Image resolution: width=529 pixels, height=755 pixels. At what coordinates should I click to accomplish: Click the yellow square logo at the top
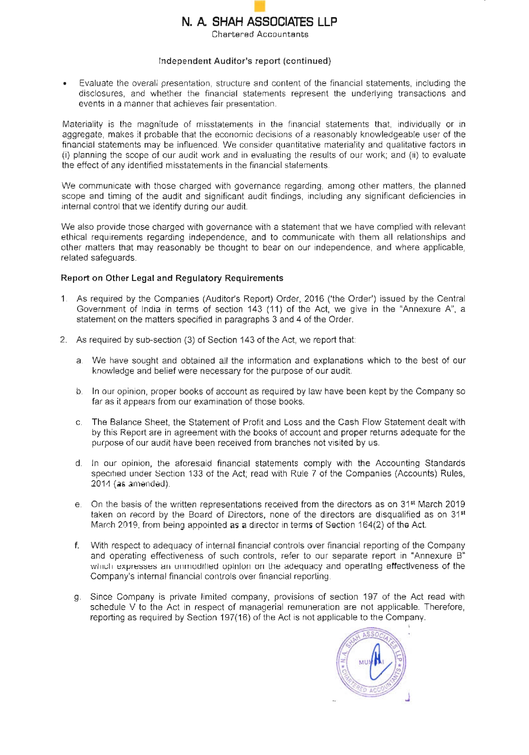(x=259, y=6)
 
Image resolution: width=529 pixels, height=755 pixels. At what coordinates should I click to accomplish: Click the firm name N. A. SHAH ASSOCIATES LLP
(x=259, y=21)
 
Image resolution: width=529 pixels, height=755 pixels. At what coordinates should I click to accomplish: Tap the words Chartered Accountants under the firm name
(x=260, y=34)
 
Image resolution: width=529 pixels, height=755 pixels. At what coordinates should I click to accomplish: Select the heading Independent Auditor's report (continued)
(x=245, y=61)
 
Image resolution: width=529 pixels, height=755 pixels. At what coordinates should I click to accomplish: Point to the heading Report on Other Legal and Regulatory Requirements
(x=172, y=278)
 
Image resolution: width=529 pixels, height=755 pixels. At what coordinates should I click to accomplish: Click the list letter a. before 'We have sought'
(x=79, y=361)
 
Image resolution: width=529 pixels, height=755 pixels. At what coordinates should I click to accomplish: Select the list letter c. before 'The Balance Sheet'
(x=79, y=423)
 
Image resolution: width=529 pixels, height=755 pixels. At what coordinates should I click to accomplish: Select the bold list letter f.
(x=77, y=546)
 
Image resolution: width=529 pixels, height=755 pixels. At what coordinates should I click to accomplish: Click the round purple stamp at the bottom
(x=371, y=662)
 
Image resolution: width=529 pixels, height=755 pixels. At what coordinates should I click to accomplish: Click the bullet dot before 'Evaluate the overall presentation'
(x=64, y=84)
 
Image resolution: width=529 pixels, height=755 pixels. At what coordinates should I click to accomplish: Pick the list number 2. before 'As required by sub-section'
(x=64, y=340)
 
